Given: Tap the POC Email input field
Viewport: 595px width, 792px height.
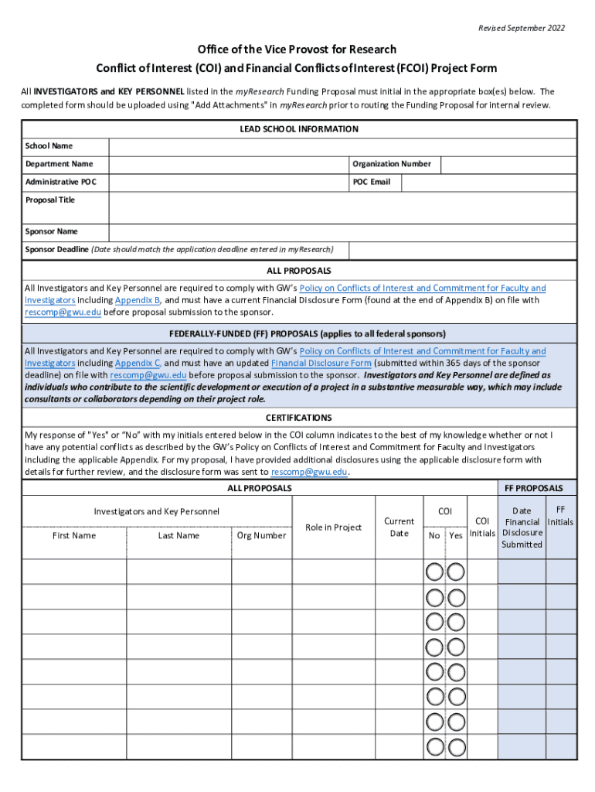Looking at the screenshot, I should [x=488, y=183].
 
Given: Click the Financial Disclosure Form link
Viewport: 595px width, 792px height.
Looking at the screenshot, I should [x=321, y=363].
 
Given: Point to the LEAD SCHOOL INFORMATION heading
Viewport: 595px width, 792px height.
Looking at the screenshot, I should [x=299, y=129].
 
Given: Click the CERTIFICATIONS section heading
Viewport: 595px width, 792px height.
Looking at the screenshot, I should [x=298, y=418].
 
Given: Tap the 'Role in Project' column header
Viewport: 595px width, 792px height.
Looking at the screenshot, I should [x=333, y=527].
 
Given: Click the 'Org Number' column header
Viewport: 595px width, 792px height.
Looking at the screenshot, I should [x=261, y=535].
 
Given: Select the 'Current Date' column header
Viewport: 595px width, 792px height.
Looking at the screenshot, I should [x=399, y=527].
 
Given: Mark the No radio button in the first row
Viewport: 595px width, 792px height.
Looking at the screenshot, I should [x=434, y=572].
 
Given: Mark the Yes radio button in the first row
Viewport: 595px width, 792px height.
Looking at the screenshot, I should [x=456, y=572].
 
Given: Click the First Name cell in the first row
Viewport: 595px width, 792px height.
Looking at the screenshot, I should [x=73, y=572].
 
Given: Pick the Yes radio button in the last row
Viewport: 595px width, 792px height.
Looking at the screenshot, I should [x=456, y=747].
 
